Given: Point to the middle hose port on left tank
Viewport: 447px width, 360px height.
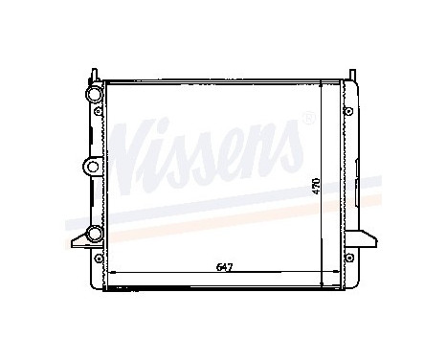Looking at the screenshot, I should pyautogui.click(x=93, y=166).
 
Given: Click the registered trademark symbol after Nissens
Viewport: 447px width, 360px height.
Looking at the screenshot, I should pyautogui.click(x=306, y=120).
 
